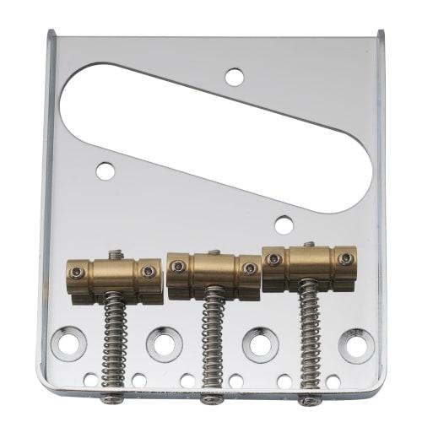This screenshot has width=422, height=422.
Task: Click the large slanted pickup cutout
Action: tap(211, 135)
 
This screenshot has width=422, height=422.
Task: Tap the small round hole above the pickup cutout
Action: tap(235, 78)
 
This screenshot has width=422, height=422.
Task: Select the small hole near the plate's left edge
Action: tap(105, 171)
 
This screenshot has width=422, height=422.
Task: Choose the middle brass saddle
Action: tap(214, 270)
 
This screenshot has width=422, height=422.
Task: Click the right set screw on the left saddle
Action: tap(149, 272)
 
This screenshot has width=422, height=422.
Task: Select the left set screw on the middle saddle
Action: tap(178, 267)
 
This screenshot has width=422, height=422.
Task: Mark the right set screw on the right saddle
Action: tap(344, 258)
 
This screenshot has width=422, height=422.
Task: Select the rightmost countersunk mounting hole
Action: tap(356, 345)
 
